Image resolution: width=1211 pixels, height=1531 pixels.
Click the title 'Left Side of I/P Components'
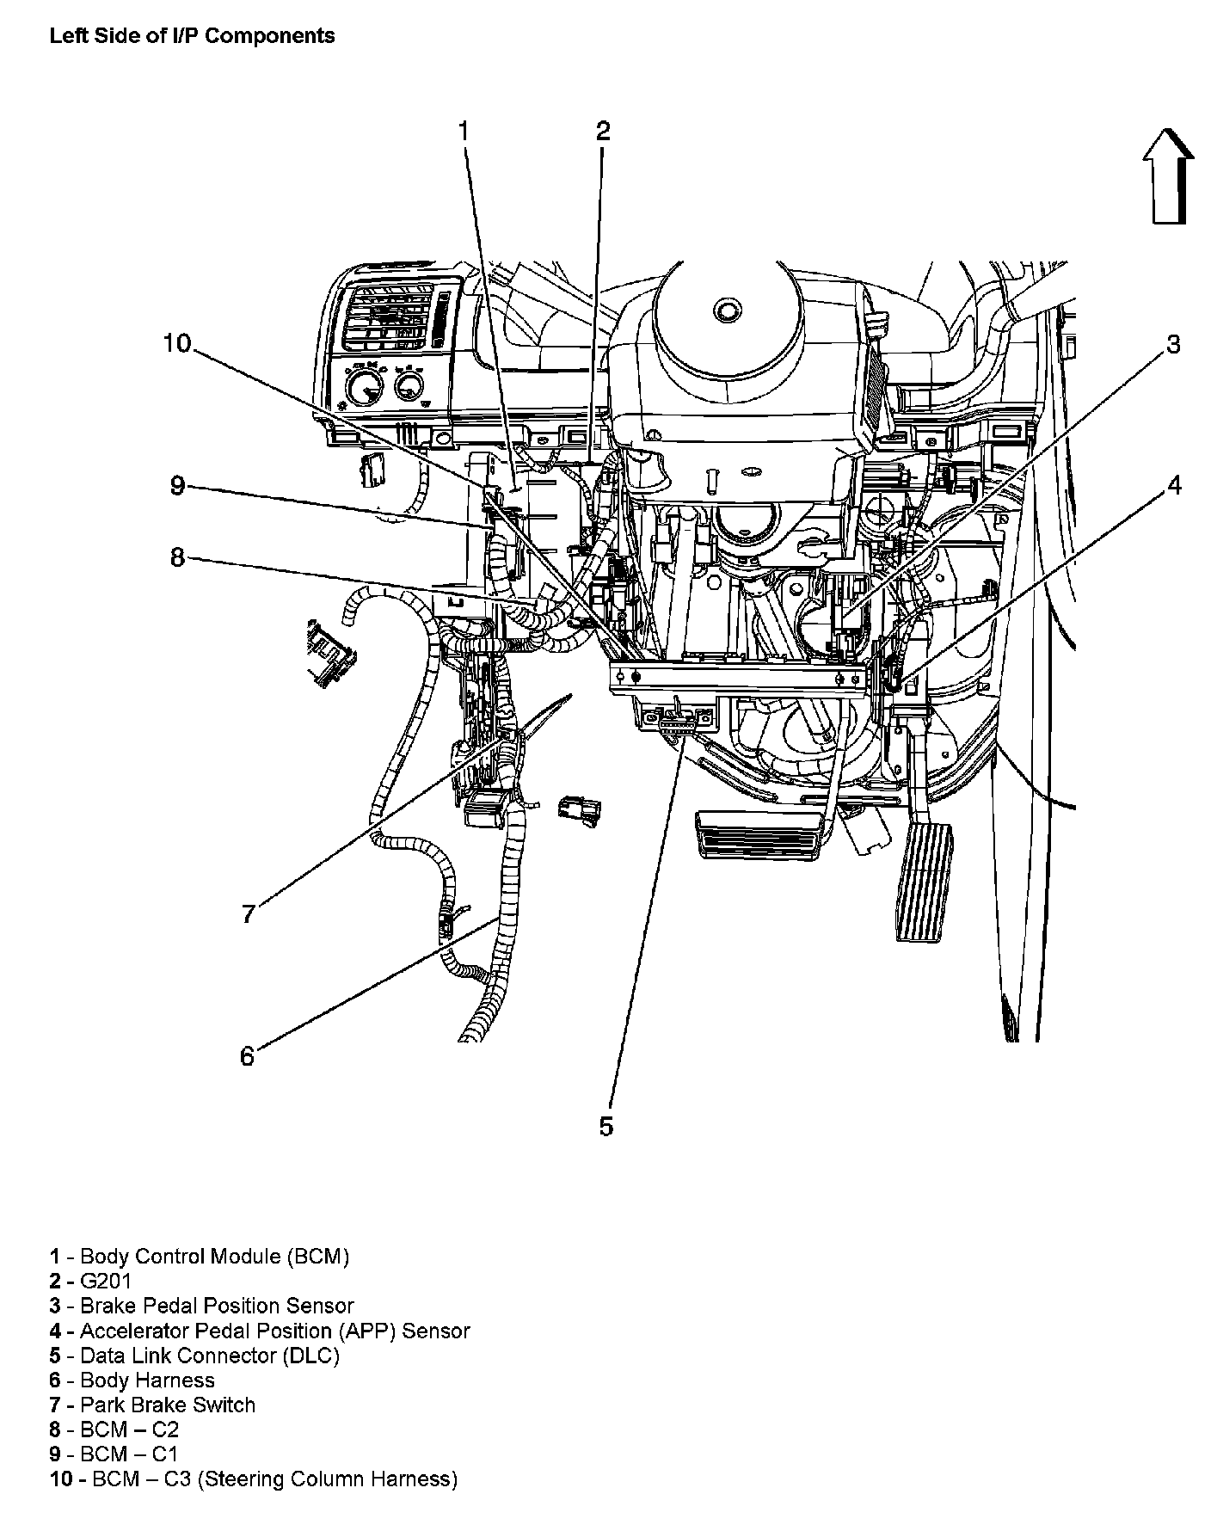[192, 35]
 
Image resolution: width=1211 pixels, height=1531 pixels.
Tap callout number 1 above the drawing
[464, 132]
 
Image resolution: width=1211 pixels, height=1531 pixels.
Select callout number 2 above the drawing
[603, 132]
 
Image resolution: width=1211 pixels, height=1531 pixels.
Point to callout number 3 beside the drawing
[1173, 345]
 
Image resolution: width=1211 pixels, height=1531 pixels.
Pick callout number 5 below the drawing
[606, 1127]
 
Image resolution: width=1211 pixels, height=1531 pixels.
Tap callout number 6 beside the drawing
[248, 1055]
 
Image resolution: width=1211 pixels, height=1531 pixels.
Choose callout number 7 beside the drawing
[249, 913]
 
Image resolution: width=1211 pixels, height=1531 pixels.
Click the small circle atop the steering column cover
[728, 310]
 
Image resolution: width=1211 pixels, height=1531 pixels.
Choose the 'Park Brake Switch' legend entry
[168, 1405]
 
